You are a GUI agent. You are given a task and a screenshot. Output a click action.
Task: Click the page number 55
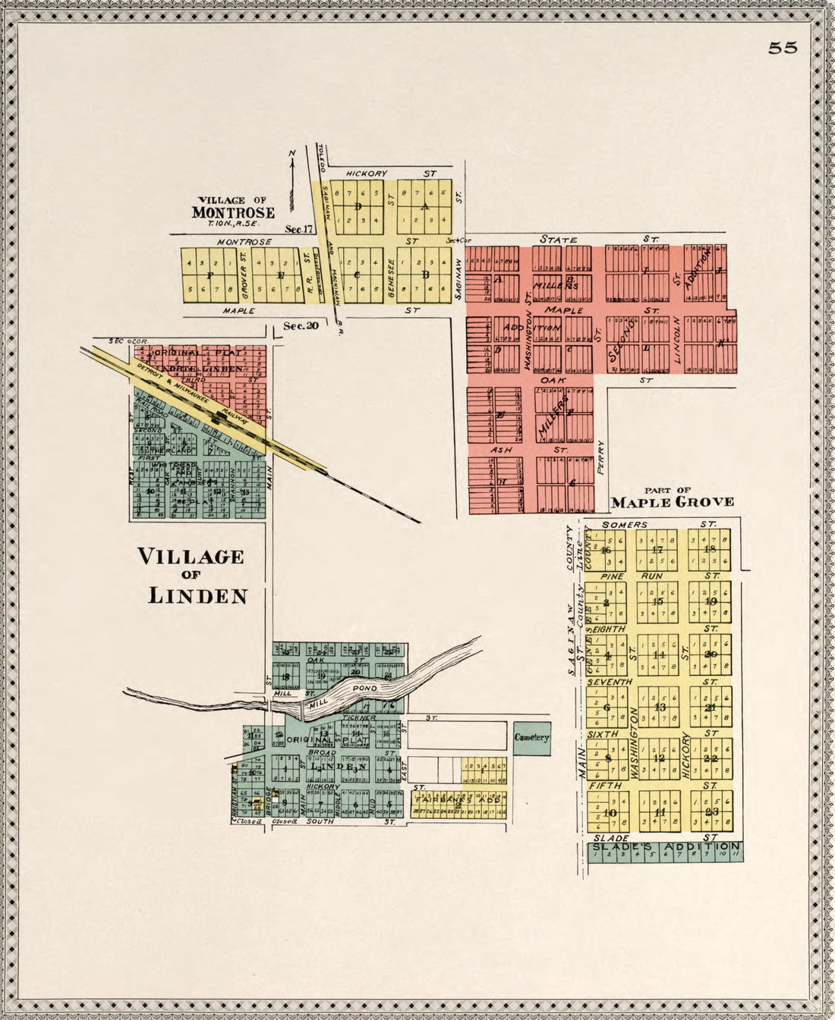783,48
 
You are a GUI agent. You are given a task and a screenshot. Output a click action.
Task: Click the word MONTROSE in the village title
233,212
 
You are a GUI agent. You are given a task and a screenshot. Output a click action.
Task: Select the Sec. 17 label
299,229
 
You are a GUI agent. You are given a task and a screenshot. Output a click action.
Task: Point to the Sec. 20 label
301,326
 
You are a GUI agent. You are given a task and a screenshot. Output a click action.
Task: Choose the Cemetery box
531,737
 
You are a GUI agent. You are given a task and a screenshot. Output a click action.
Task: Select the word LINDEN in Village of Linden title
197,596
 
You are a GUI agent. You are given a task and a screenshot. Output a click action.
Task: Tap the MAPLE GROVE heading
673,502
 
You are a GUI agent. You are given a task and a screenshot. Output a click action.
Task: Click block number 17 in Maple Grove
657,550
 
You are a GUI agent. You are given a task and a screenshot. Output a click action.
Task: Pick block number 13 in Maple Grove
659,708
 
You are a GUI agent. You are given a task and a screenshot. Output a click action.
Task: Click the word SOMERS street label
624,525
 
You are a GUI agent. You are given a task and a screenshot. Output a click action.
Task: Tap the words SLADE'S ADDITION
666,846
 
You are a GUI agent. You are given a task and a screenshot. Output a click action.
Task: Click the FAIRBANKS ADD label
458,799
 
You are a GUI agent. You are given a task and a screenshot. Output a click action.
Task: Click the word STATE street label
558,240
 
